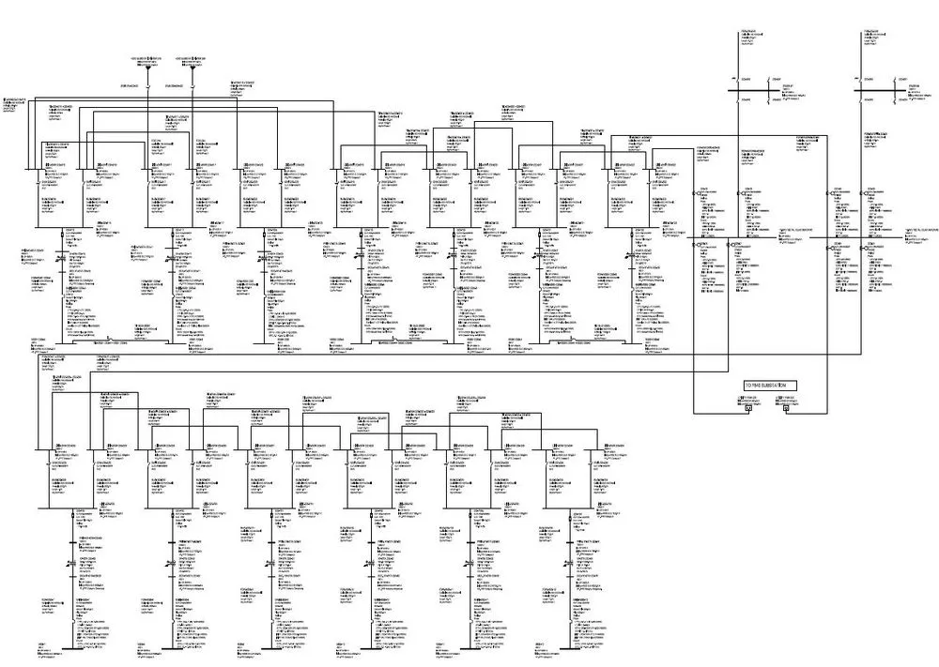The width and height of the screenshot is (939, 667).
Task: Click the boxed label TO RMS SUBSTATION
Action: pos(763,386)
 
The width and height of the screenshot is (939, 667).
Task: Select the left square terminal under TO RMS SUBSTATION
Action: pos(748,409)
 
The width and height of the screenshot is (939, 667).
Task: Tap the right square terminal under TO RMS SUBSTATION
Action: pos(787,409)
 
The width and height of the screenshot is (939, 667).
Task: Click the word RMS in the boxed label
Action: pos(754,386)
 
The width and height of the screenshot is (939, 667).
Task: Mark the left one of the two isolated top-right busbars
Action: pos(758,91)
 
